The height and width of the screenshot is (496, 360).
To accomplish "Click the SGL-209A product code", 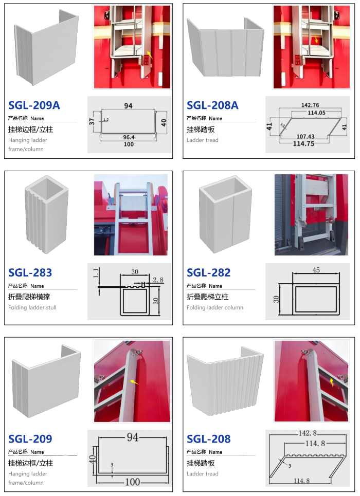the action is tap(34, 105).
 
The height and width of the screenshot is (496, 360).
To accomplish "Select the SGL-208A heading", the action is tap(212, 105).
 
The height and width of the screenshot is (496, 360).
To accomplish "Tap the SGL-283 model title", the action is tap(30, 273).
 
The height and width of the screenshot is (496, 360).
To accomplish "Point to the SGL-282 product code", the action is tap(209, 273).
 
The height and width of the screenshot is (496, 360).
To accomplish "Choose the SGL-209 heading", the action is tap(30, 439).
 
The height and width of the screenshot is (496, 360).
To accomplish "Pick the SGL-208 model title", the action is tap(209, 439).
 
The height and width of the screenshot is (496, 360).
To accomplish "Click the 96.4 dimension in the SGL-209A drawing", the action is tap(129, 137).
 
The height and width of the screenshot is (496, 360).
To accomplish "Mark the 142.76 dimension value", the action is tap(310, 105).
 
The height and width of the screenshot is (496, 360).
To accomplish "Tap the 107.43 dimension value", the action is tap(305, 136).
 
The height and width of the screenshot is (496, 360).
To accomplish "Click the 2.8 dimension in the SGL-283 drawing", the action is tap(158, 280).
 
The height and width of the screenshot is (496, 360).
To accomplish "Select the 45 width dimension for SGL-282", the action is tap(316, 270).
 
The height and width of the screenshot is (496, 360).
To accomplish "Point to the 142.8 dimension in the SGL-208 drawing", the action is tap(308, 433).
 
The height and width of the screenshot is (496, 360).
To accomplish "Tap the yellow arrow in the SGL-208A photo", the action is tap(316, 40).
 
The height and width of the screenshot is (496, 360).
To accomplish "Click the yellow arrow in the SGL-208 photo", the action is tap(332, 382).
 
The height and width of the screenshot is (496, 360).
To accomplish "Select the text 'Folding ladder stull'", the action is tap(32, 307).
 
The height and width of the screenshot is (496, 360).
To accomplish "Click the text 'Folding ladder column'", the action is tap(215, 307).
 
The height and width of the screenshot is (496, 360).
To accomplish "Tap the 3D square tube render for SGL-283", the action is tap(47, 214).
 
